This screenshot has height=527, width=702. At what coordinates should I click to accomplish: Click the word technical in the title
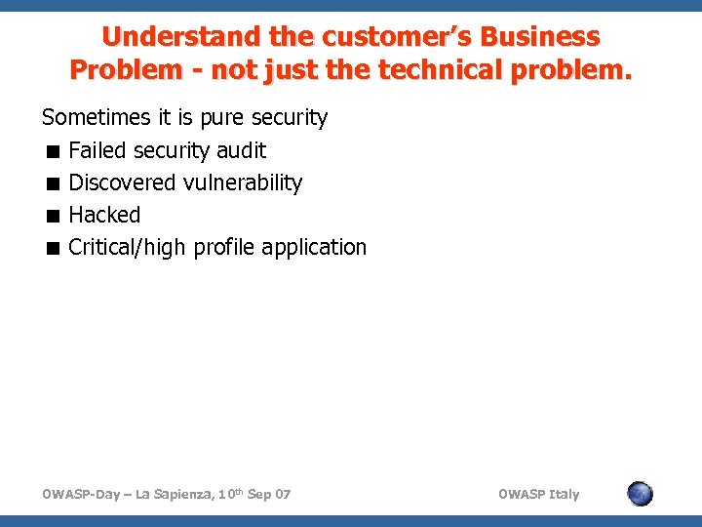pyautogui.click(x=469, y=71)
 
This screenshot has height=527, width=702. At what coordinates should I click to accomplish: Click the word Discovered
pyautogui.click(x=123, y=182)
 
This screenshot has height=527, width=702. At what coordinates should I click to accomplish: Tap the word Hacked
pyautogui.click(x=104, y=215)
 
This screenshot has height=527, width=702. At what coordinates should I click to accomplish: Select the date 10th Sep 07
pyautogui.click(x=255, y=495)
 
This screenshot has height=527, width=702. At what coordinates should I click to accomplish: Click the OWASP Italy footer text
pyautogui.click(x=538, y=495)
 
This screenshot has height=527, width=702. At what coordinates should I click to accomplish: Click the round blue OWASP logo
pyautogui.click(x=640, y=494)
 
